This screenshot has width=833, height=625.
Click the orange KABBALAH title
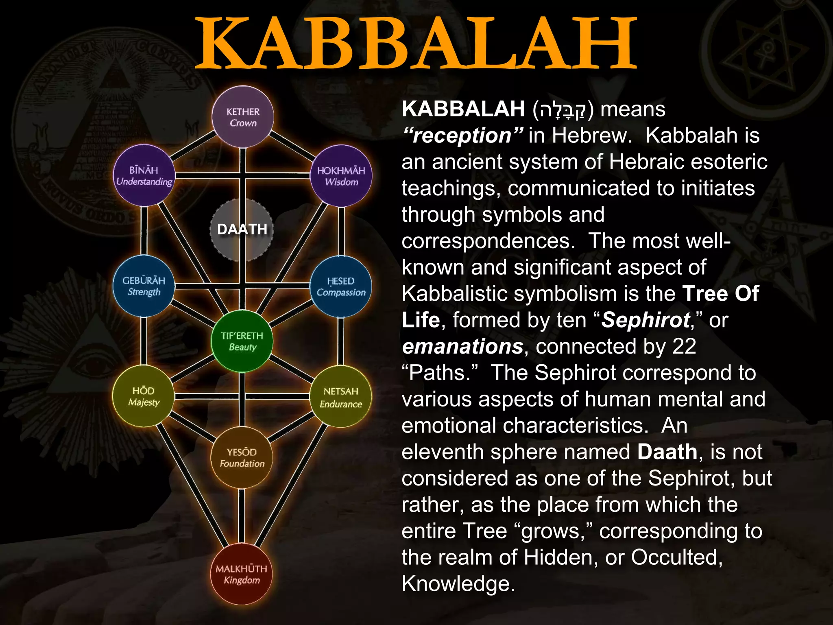[416, 44]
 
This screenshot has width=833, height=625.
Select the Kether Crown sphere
[243, 117]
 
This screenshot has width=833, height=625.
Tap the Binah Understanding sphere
[144, 175]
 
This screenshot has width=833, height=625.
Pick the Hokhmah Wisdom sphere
[341, 176]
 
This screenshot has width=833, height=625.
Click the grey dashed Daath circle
[242, 229]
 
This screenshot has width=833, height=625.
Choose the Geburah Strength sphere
[144, 286]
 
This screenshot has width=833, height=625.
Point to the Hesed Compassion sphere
[341, 286]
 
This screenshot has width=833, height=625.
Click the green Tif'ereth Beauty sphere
[242, 341]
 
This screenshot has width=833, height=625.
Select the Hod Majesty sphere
[143, 396]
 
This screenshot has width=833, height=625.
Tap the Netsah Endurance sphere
[340, 397]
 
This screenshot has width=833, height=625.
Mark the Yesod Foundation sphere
[242, 457]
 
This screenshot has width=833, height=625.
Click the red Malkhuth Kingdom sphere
[242, 574]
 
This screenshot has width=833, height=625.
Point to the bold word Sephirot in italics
[645, 320]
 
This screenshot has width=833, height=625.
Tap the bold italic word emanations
[462, 347]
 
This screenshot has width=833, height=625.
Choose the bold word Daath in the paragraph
[667, 452]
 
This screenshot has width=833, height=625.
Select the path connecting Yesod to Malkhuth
[242, 516]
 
